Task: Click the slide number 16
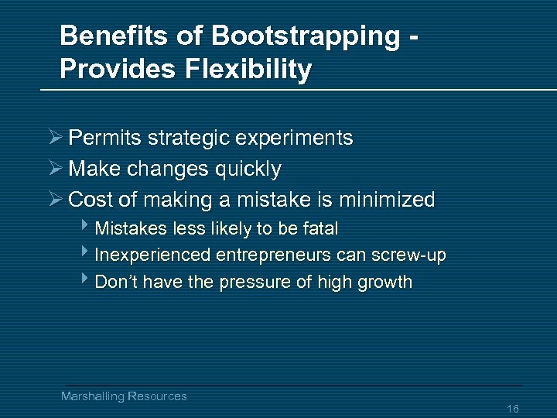512,408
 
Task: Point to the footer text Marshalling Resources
124,396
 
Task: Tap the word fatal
322,229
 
